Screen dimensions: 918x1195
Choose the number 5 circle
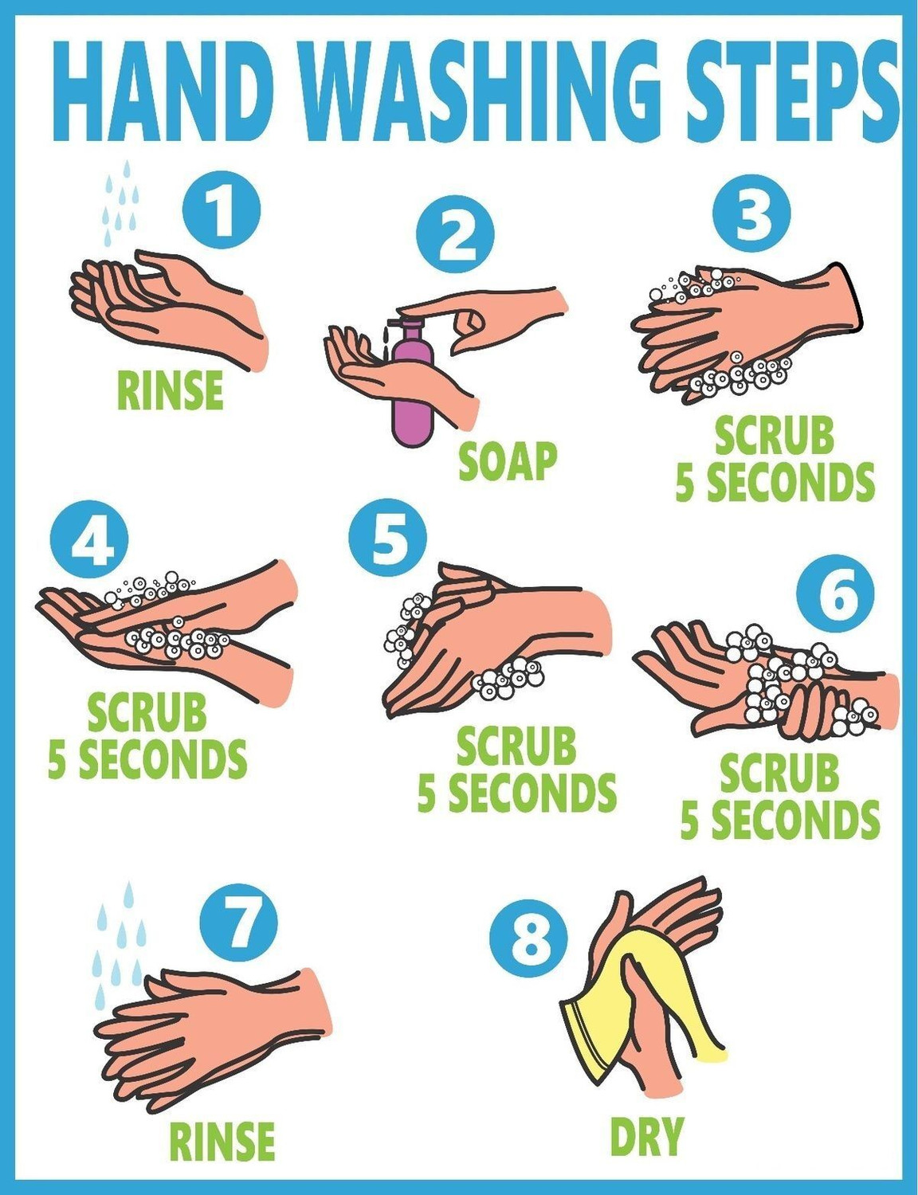[x=388, y=537]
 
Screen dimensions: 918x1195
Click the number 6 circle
[x=835, y=594]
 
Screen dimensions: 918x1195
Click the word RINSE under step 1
[x=171, y=390]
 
